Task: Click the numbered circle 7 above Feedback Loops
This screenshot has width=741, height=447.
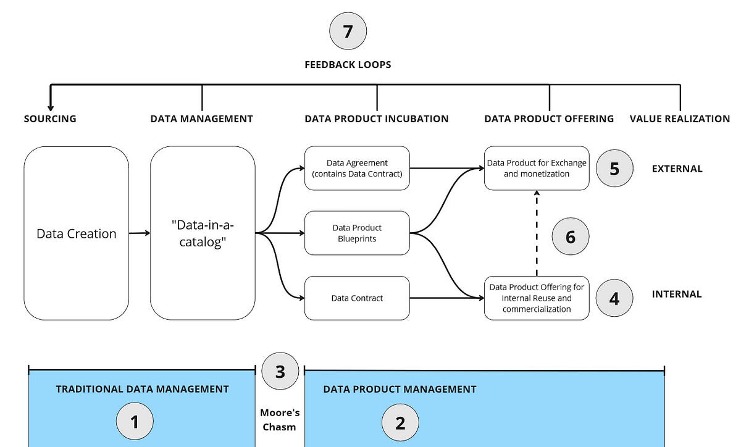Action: click(x=348, y=31)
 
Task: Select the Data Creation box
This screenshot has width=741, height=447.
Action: click(x=77, y=233)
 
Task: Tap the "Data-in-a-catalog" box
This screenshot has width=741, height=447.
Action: click(x=203, y=233)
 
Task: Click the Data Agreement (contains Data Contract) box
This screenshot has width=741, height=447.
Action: click(x=357, y=168)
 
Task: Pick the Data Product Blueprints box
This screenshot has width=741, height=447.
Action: click(x=357, y=233)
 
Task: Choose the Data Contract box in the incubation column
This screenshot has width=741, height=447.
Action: click(x=357, y=298)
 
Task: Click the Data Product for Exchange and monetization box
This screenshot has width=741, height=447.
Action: click(x=537, y=168)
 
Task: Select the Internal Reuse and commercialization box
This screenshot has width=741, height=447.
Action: click(x=537, y=298)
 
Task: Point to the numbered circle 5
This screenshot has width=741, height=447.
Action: click(x=614, y=169)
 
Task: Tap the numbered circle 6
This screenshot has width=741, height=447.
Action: click(x=570, y=236)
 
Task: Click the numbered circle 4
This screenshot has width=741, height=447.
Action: click(x=614, y=298)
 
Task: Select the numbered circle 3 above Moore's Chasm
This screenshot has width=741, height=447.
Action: click(x=280, y=372)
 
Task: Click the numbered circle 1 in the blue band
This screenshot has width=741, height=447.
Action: click(x=135, y=422)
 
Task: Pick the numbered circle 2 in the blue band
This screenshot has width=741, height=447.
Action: click(x=400, y=422)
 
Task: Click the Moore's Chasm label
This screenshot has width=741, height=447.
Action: click(x=280, y=419)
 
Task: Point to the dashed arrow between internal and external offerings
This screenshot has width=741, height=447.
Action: click(x=537, y=233)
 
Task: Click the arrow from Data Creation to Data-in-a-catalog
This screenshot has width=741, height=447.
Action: click(x=140, y=233)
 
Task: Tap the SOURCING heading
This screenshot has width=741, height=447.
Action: click(x=50, y=119)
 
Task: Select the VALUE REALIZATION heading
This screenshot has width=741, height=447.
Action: click(x=679, y=119)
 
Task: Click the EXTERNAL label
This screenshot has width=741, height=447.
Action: click(x=677, y=169)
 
